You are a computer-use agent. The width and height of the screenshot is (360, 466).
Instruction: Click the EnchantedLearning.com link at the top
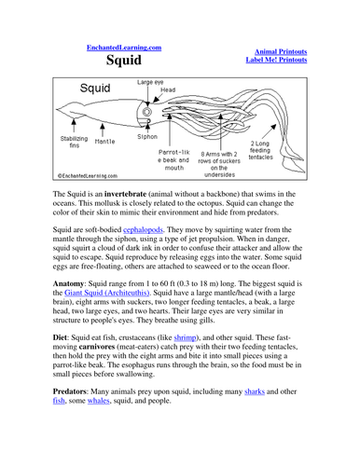[124, 48]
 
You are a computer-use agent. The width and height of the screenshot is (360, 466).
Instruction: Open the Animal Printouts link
[281, 51]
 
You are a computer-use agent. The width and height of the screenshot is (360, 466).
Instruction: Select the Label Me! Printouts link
[276, 60]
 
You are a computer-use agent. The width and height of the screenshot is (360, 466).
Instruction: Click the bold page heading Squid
[124, 60]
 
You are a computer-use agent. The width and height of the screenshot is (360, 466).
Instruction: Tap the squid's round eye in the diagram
[146, 112]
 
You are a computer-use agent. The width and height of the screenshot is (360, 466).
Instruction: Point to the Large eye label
[150, 82]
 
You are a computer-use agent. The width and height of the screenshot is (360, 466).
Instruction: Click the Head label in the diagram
[168, 89]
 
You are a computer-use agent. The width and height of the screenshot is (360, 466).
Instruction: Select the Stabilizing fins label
[74, 142]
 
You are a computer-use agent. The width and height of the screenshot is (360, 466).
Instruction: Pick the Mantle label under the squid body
[104, 142]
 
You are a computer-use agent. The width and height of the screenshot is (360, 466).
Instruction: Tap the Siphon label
[147, 137]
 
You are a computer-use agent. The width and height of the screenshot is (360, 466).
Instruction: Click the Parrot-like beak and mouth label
[173, 160]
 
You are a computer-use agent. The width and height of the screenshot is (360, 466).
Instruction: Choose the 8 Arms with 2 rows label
[219, 164]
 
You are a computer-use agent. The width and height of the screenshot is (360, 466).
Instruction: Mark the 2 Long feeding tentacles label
[260, 150]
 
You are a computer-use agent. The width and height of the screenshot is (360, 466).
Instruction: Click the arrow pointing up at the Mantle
[103, 130]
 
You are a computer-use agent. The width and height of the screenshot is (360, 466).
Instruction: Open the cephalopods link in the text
[143, 230]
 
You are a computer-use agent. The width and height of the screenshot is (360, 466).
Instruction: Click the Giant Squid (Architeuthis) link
[107, 293]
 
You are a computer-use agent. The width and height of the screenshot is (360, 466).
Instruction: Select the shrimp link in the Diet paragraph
[185, 337]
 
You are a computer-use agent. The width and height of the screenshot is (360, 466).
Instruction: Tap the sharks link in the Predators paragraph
[255, 391]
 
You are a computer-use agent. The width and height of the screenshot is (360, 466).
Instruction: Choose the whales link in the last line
[99, 401]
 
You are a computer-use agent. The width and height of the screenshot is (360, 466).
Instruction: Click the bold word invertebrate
[125, 194]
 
